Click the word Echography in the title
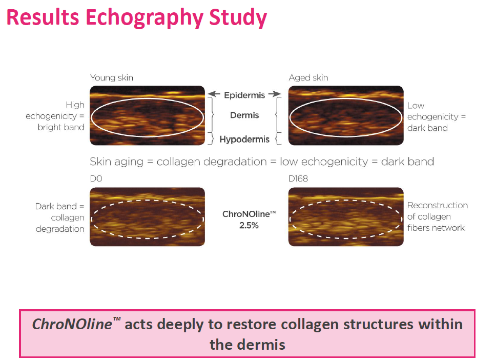(144, 18)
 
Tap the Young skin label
(112, 78)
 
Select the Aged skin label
(308, 78)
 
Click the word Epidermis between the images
(244, 95)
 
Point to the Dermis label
(244, 115)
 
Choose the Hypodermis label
(244, 139)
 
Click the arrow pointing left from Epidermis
(214, 94)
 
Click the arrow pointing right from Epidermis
(275, 94)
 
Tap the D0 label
(96, 179)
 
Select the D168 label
(298, 179)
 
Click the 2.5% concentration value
(249, 226)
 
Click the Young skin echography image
(148, 115)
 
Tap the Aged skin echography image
(346, 115)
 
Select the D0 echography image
(148, 217)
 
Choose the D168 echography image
(346, 217)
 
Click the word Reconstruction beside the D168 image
(438, 206)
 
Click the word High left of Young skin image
(75, 105)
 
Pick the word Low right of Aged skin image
(416, 106)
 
